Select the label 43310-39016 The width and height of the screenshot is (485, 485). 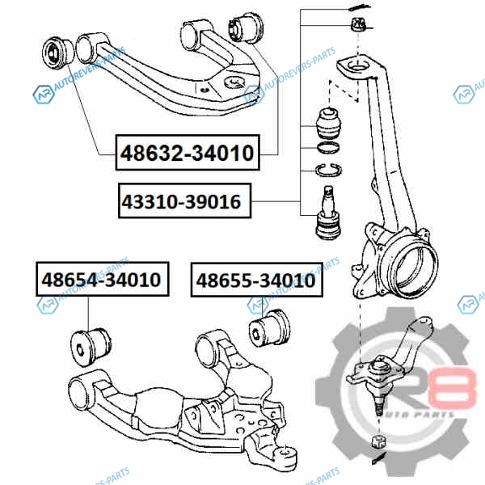tap(181, 200)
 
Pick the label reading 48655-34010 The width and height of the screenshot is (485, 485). tap(255, 280)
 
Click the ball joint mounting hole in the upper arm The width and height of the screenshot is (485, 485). tap(234, 81)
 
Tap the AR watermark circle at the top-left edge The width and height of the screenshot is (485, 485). tap(41, 95)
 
